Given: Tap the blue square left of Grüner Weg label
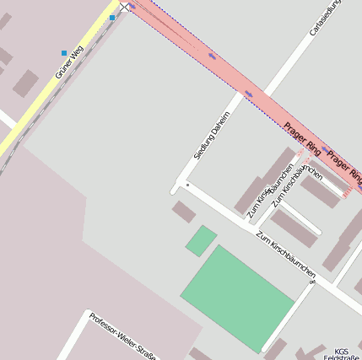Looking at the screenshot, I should [64, 53].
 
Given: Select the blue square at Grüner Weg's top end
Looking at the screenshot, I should [112, 17].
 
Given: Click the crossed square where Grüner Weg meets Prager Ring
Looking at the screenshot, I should [125, 6].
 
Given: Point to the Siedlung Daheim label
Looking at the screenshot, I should [211, 135].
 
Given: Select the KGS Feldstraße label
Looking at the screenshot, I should [342, 354].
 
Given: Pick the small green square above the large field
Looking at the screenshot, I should [201, 240].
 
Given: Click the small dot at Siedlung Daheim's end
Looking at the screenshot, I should [187, 184].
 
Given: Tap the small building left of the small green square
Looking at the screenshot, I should [184, 211].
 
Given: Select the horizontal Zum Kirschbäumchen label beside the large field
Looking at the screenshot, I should [287, 255].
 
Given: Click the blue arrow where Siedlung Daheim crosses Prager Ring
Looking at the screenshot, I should [248, 93].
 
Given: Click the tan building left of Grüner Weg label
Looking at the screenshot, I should [25, 83].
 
